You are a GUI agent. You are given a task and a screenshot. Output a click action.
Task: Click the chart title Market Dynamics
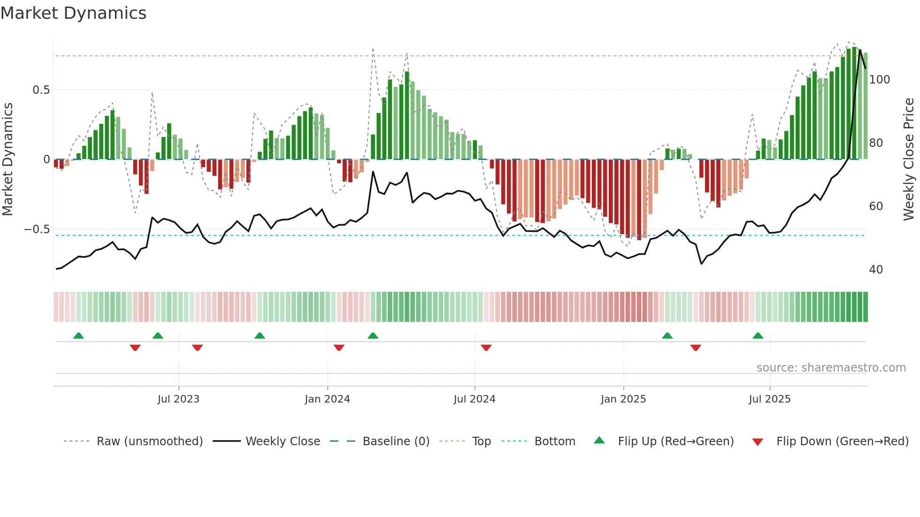[x=73, y=13]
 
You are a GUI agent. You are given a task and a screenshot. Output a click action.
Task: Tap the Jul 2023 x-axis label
[x=178, y=399]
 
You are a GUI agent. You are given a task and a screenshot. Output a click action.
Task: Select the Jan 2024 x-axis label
[x=327, y=399]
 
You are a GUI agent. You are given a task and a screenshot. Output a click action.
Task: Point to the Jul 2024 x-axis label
[x=475, y=399]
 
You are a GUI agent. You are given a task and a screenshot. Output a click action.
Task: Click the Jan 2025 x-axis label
[x=623, y=399]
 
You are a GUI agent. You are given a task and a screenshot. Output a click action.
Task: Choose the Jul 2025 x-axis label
[x=770, y=399]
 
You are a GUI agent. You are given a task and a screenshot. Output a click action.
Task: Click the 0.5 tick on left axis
[x=41, y=90]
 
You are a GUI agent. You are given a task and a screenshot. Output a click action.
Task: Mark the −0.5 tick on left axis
[x=37, y=229]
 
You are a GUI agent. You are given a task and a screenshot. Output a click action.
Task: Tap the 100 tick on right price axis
[x=879, y=80]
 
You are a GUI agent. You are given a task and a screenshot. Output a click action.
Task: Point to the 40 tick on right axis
[x=876, y=270]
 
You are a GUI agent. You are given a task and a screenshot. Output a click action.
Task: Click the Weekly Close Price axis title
[x=909, y=160]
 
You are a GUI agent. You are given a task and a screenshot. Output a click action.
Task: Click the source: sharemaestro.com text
[x=831, y=368]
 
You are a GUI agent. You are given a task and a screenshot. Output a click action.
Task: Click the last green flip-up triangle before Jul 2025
[x=758, y=335]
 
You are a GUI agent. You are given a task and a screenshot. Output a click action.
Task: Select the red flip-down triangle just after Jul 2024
[x=486, y=348]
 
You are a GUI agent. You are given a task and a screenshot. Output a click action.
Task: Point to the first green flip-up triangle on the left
[x=78, y=335]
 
